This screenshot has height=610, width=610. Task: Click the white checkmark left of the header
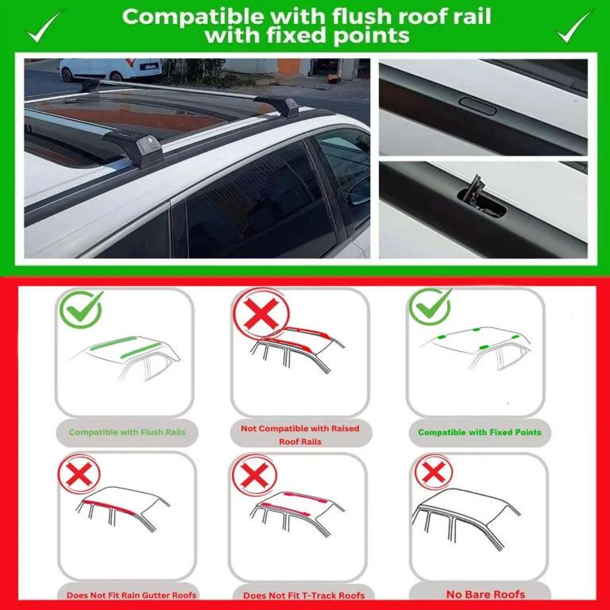[x=43, y=27]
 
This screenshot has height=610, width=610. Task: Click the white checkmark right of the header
[x=573, y=26]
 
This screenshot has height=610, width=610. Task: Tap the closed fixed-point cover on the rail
[x=477, y=106]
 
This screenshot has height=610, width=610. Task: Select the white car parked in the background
[x=110, y=69]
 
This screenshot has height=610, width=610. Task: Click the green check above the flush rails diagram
[x=81, y=309]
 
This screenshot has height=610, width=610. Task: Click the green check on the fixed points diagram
[x=430, y=307]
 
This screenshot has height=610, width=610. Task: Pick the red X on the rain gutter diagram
[x=79, y=474]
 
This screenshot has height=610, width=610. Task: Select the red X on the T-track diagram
[x=254, y=475]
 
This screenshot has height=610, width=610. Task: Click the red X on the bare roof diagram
[x=434, y=473]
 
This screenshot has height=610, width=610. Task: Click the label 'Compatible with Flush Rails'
[x=127, y=432]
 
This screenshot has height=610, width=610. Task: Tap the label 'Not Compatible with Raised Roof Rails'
[x=300, y=435]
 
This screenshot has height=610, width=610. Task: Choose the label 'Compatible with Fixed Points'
[x=480, y=432]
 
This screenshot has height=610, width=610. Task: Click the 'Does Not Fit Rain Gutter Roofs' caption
[x=131, y=595]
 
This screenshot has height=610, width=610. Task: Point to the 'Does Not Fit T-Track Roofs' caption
[x=304, y=595]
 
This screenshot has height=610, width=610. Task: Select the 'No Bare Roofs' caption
[x=485, y=594]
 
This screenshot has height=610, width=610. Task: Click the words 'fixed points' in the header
[x=338, y=36]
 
